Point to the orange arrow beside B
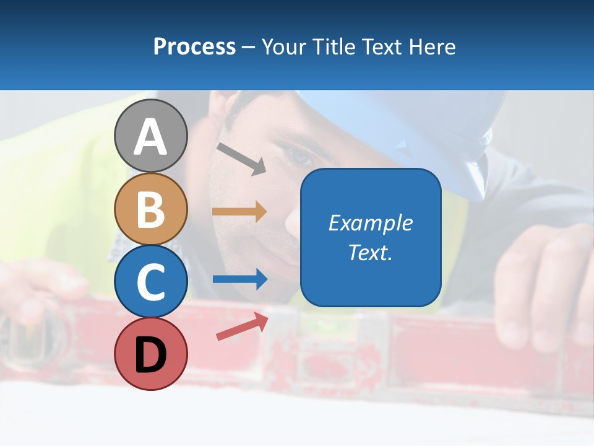239,212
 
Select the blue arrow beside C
239,279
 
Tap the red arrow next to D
242,326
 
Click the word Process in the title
194,46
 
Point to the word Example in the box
370,223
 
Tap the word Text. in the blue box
370,253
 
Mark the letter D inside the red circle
150,355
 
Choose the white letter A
150,137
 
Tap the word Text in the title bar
381,46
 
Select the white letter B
150,209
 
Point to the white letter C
150,282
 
